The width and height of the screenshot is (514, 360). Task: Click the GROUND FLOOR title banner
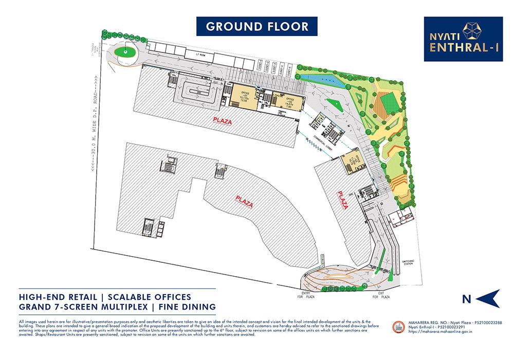click(257, 26)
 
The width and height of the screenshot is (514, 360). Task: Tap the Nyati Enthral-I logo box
click(463, 39)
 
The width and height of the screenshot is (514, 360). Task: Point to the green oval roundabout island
click(125, 52)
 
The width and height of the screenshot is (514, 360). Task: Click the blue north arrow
click(488, 298)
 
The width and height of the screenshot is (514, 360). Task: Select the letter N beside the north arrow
click(466, 299)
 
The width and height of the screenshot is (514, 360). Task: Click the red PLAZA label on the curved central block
click(244, 201)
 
